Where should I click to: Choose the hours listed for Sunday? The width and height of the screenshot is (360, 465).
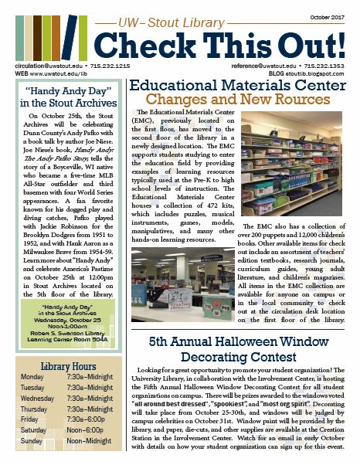pyautogui.click(x=87, y=440)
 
